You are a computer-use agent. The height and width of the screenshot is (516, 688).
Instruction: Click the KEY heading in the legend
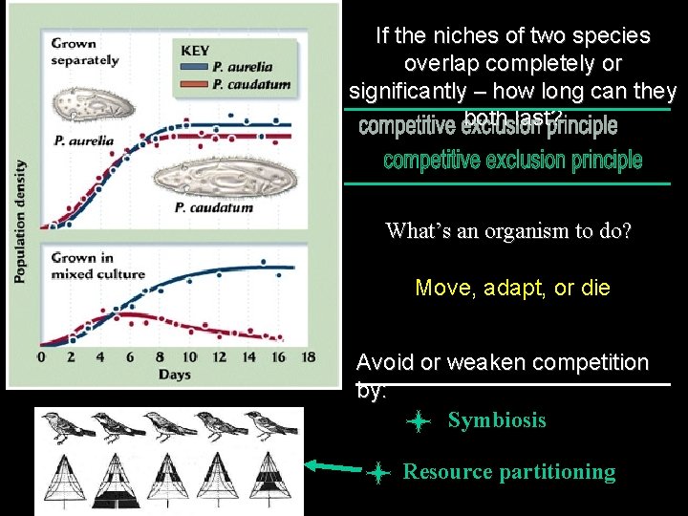coord(195,51)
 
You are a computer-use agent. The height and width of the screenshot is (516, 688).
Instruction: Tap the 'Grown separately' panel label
coord(84,52)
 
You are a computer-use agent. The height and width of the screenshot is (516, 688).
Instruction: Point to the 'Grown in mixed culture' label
coord(97,266)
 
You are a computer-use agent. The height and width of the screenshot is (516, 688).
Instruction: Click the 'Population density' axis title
coord(20,220)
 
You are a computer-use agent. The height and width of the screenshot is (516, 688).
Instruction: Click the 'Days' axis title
coord(175,375)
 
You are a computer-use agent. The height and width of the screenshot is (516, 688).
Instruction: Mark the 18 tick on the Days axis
coord(308,357)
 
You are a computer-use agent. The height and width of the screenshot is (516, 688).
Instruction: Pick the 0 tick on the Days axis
coord(40,357)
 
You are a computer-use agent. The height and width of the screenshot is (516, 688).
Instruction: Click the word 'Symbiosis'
coord(497,420)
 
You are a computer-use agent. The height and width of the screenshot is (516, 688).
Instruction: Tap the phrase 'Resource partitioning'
coord(509,471)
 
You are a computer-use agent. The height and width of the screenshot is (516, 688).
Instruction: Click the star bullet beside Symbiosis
coord(418,421)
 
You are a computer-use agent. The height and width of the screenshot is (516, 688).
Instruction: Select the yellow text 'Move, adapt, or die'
coord(512,288)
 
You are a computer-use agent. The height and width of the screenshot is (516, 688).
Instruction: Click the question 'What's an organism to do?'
coord(508,231)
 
